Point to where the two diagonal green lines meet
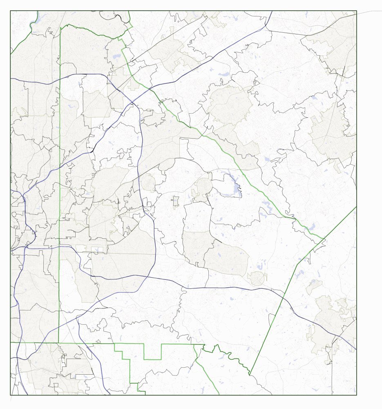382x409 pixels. tap(325, 238)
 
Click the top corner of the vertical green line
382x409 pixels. tap(60, 28)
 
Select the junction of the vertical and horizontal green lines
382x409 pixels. tap(58, 342)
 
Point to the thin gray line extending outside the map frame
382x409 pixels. tap(370, 11)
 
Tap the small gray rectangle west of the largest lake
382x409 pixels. tap(176, 201)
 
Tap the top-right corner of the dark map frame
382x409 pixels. tap(357, 11)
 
